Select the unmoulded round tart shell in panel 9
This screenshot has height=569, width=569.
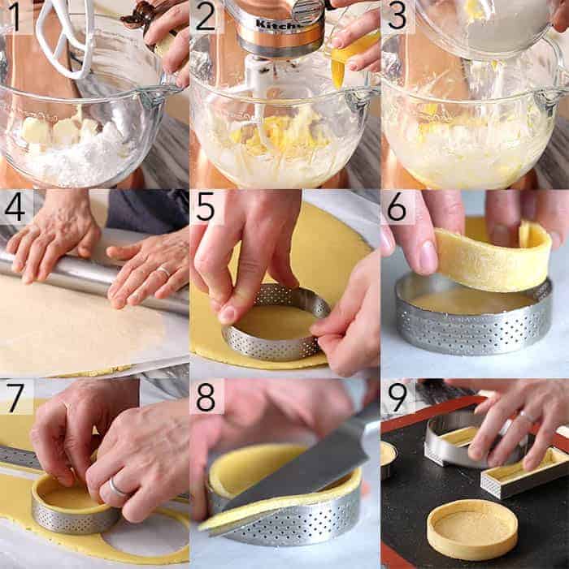472,528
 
